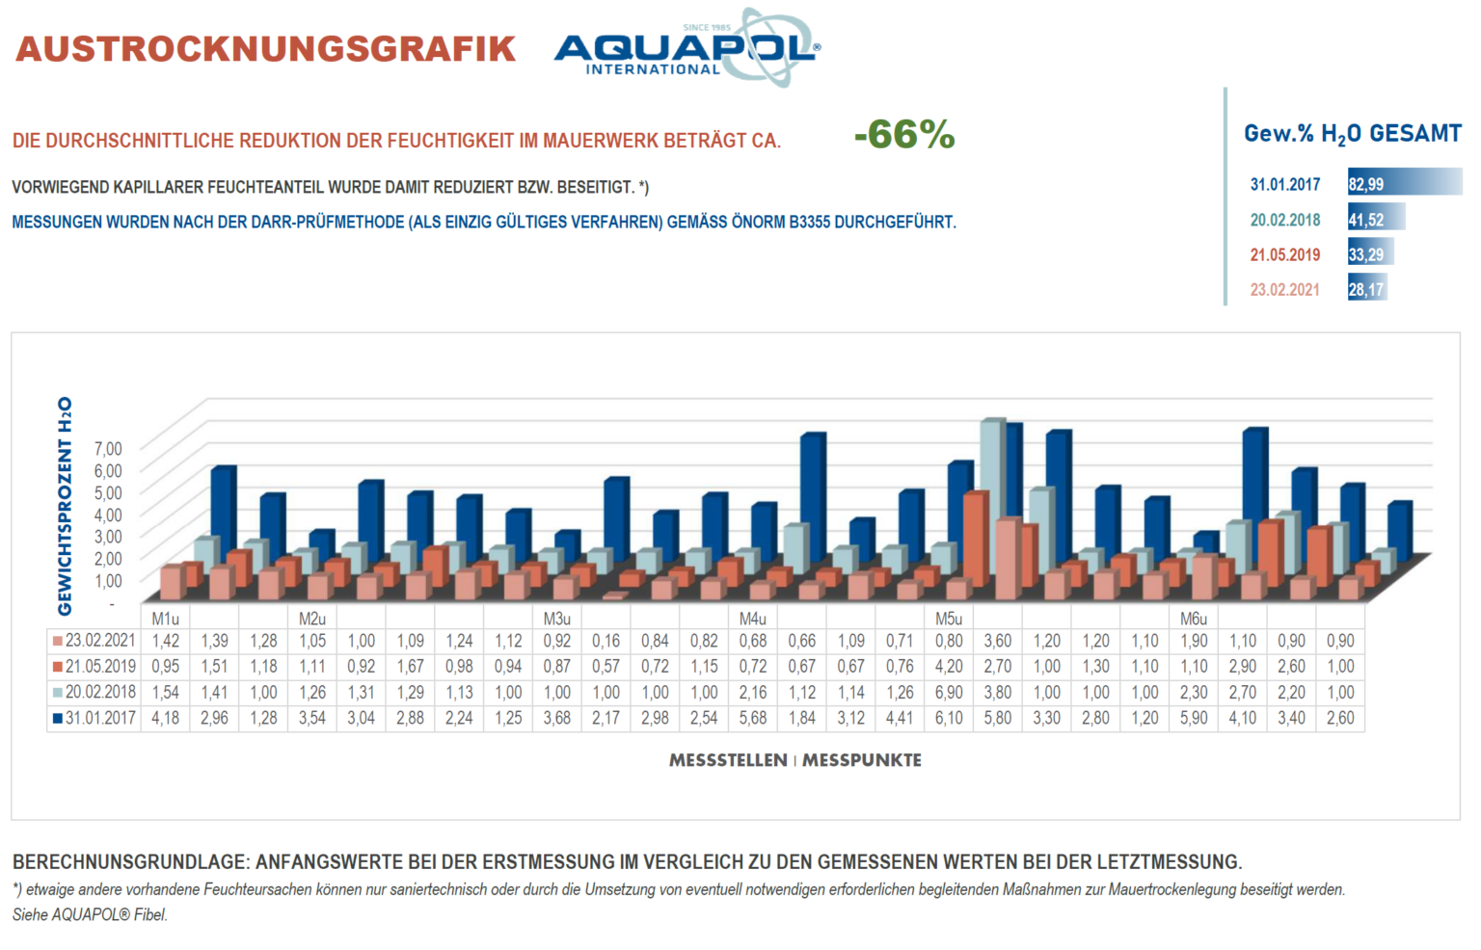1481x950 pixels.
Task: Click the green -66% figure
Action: point(903,135)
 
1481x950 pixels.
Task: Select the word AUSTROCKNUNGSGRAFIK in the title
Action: point(266,49)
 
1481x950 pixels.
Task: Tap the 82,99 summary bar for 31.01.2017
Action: point(1403,183)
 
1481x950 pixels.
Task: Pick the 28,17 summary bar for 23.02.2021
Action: point(1366,289)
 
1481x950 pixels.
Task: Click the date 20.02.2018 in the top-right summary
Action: point(1284,220)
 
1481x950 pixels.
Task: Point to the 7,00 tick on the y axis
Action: point(108,448)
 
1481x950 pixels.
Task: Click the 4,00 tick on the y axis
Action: point(108,514)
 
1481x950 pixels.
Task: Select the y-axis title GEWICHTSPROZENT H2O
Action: point(66,506)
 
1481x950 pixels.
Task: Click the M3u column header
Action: point(557,619)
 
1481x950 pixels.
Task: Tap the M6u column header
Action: point(1194,619)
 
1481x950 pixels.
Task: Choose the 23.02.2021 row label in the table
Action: point(94,641)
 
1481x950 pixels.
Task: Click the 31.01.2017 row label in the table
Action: point(94,718)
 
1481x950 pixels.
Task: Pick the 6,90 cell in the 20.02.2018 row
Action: point(949,692)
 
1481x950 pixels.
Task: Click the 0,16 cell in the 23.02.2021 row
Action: point(606,641)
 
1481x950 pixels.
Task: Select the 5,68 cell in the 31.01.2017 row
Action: point(753,718)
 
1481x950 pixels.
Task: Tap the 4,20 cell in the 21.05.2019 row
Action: point(949,667)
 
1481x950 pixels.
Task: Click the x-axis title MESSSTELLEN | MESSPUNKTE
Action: point(795,760)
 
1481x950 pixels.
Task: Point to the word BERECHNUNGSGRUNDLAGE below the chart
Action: point(130,861)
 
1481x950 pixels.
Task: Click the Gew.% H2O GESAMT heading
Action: point(1352,134)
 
